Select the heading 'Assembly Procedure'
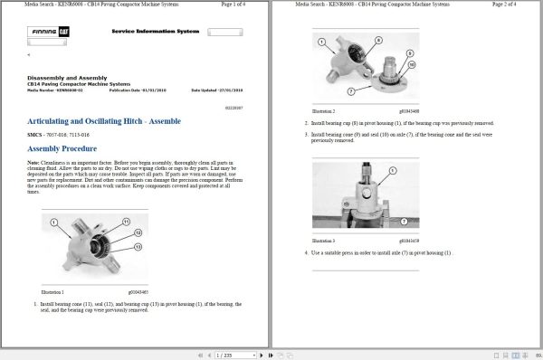62,147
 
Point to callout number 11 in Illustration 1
137,224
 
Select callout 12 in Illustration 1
138,235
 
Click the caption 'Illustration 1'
54,292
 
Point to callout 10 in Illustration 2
412,66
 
